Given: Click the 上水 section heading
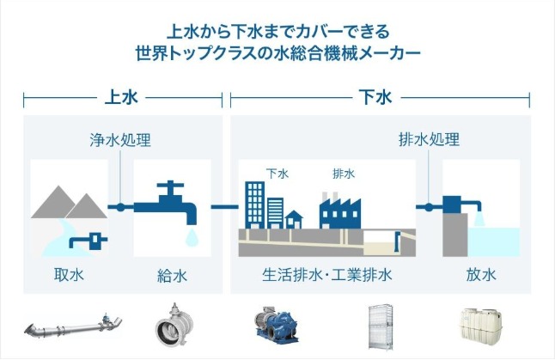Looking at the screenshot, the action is (121, 97).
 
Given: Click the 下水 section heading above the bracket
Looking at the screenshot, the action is (375, 97).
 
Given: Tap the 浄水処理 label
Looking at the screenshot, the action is (120, 140).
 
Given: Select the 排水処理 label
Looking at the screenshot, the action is (429, 139).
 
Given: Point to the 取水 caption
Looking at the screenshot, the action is (69, 275).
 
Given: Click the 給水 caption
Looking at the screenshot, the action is (172, 276).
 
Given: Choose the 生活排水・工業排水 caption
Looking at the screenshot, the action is (327, 275).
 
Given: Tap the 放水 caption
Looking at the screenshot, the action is (481, 275).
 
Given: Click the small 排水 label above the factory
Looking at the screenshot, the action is (344, 174).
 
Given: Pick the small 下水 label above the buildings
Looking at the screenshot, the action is (277, 174).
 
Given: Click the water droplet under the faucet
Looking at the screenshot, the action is (192, 237).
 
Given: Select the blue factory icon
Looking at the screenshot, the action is (340, 211).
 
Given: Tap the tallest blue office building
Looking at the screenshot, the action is (255, 205).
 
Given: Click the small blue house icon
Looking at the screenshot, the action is (294, 220).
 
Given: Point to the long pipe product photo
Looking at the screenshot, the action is (73, 326).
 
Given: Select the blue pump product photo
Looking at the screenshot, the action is (277, 326).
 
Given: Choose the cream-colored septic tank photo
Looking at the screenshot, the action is (480, 324).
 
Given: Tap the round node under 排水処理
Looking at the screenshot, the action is (429, 207).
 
